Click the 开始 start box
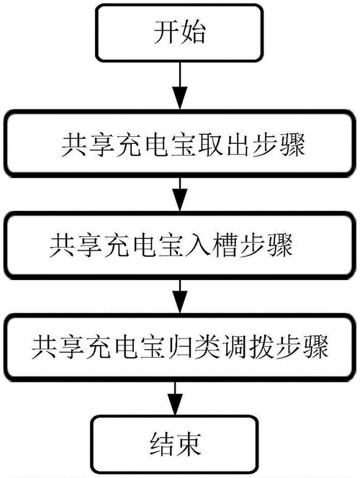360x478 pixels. coord(178,33)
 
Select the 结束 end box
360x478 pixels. coord(178,438)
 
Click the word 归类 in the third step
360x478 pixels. coord(205,349)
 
